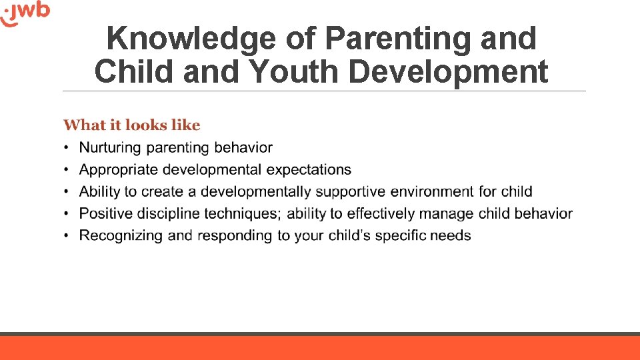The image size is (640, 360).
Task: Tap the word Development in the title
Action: (x=449, y=71)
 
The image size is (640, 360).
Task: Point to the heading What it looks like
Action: (x=131, y=125)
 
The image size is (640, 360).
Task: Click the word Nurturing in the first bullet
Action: (x=110, y=148)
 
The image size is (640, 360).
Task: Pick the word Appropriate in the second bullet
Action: (x=118, y=170)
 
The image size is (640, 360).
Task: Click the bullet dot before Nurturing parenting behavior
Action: (x=67, y=148)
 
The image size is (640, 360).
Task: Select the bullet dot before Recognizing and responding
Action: (x=67, y=236)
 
